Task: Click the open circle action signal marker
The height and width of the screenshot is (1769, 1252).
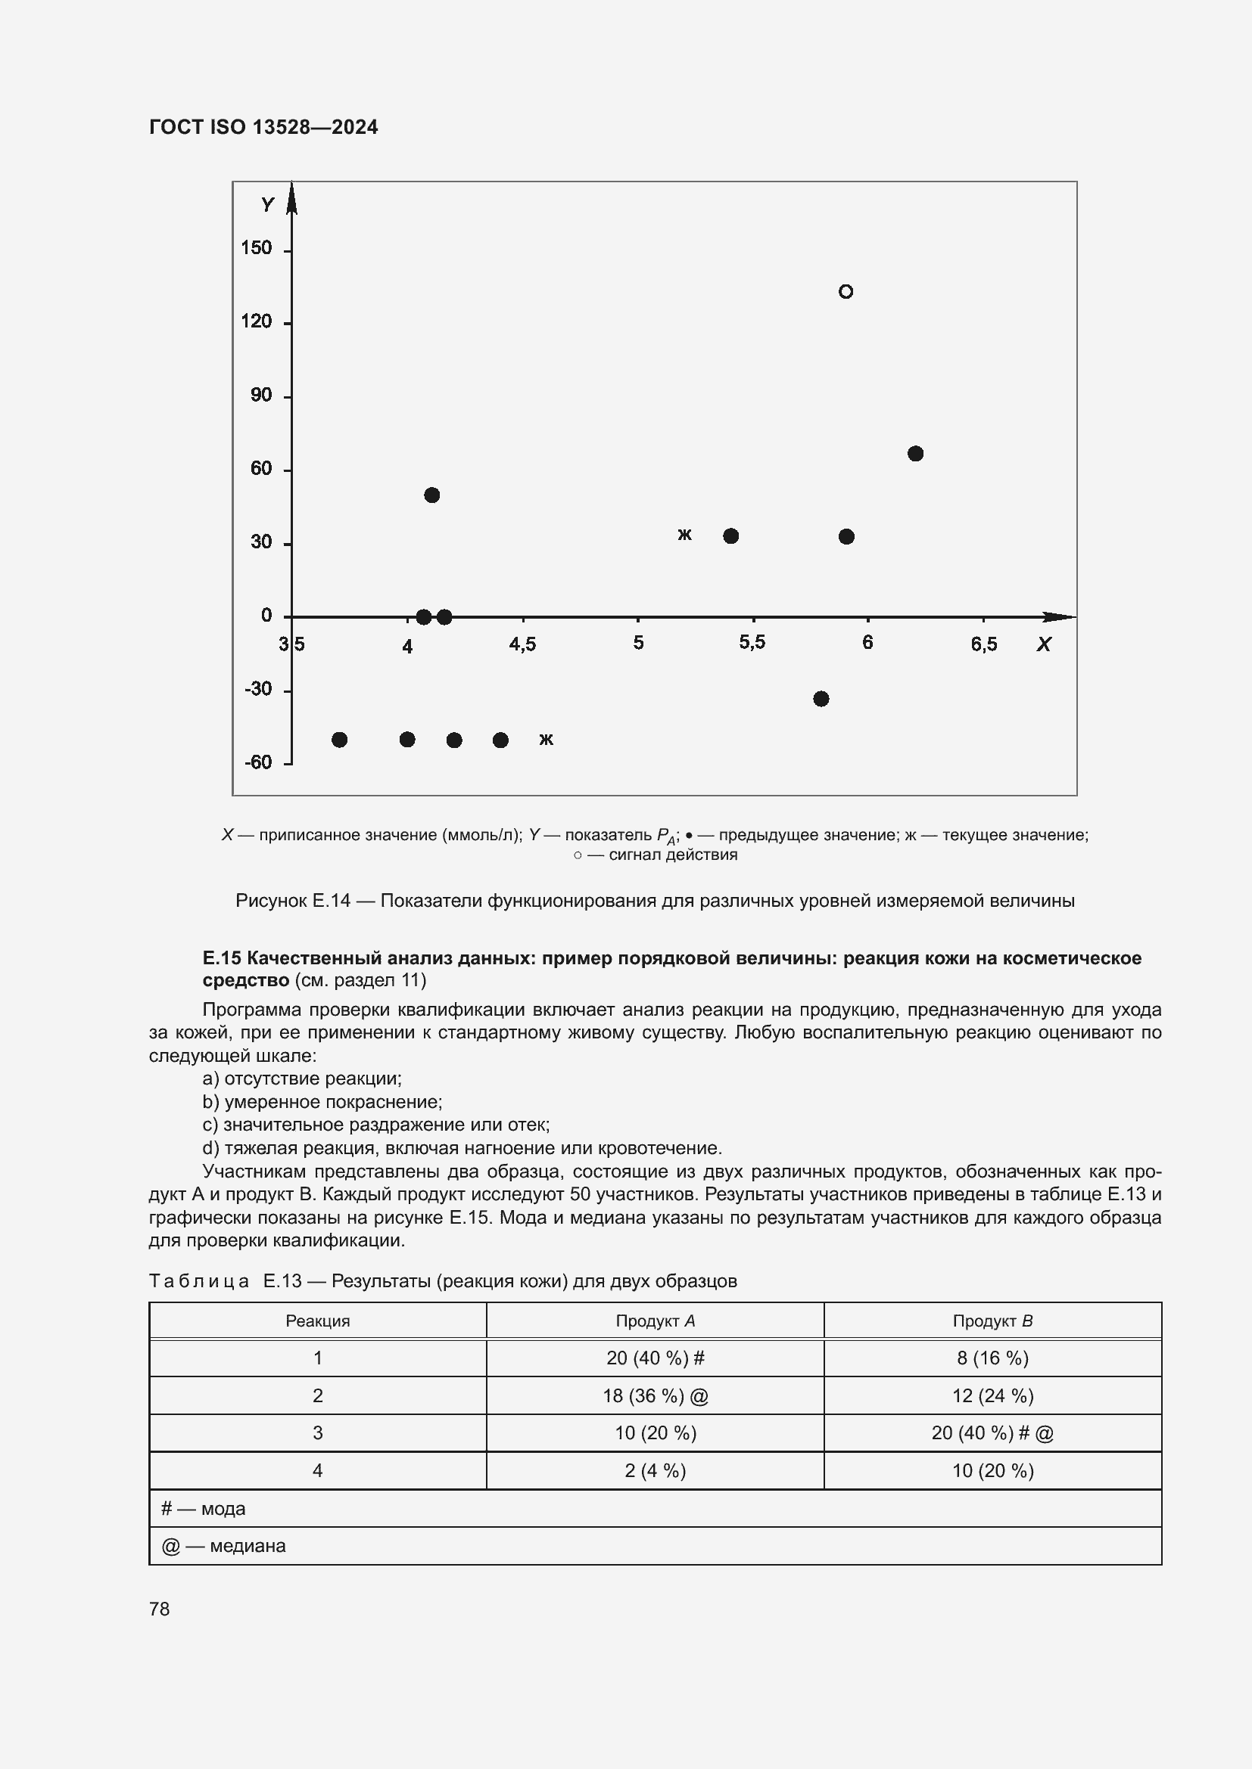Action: [846, 291]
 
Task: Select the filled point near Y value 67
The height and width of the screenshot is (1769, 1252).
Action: [915, 453]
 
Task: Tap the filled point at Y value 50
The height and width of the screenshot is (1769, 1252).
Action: [431, 495]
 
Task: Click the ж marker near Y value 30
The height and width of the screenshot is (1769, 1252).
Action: [684, 534]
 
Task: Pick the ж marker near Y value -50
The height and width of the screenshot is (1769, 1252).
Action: [546, 739]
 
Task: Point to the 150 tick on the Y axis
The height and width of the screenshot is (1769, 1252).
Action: [257, 248]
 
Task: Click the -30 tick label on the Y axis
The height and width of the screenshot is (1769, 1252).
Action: [258, 689]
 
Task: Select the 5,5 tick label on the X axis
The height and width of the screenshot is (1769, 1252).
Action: [752, 643]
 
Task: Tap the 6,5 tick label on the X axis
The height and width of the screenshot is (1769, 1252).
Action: [984, 644]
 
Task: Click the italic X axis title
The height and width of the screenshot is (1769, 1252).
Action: [1044, 644]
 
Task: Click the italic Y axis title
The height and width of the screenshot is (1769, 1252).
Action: [267, 205]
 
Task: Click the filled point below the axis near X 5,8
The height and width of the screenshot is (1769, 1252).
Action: [821, 699]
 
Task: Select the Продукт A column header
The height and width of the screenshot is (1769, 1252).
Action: [655, 1321]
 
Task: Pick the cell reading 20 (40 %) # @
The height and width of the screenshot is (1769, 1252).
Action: [992, 1432]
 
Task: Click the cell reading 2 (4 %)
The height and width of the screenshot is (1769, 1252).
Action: [655, 1470]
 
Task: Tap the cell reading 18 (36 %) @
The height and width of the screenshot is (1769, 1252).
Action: [655, 1395]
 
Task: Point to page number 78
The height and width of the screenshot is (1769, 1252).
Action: [160, 1609]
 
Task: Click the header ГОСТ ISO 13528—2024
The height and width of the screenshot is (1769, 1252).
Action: [263, 127]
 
